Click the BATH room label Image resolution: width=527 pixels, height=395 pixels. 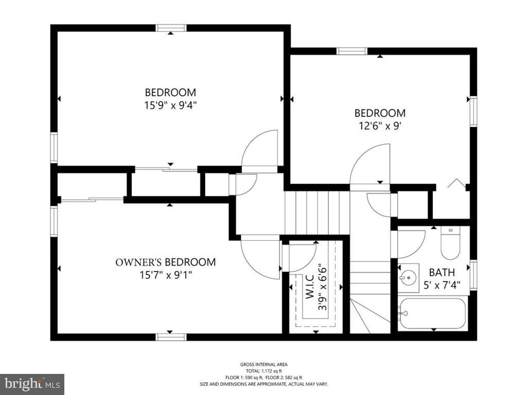442,272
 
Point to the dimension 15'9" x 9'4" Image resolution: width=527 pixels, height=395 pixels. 170,105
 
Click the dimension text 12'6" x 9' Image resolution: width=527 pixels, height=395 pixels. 380,126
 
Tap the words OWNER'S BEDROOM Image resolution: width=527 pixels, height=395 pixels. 165,262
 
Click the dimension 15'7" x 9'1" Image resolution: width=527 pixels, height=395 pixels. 165,276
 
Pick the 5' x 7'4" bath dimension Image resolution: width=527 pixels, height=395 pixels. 442,285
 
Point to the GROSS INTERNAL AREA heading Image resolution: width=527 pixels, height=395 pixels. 263,365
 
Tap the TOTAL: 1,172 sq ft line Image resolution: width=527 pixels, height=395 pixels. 263,371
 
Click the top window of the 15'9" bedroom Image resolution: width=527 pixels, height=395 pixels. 171,28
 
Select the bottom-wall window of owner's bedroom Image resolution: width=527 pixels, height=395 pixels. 171,337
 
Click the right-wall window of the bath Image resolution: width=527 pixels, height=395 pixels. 473,275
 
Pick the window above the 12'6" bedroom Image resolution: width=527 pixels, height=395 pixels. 352,51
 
